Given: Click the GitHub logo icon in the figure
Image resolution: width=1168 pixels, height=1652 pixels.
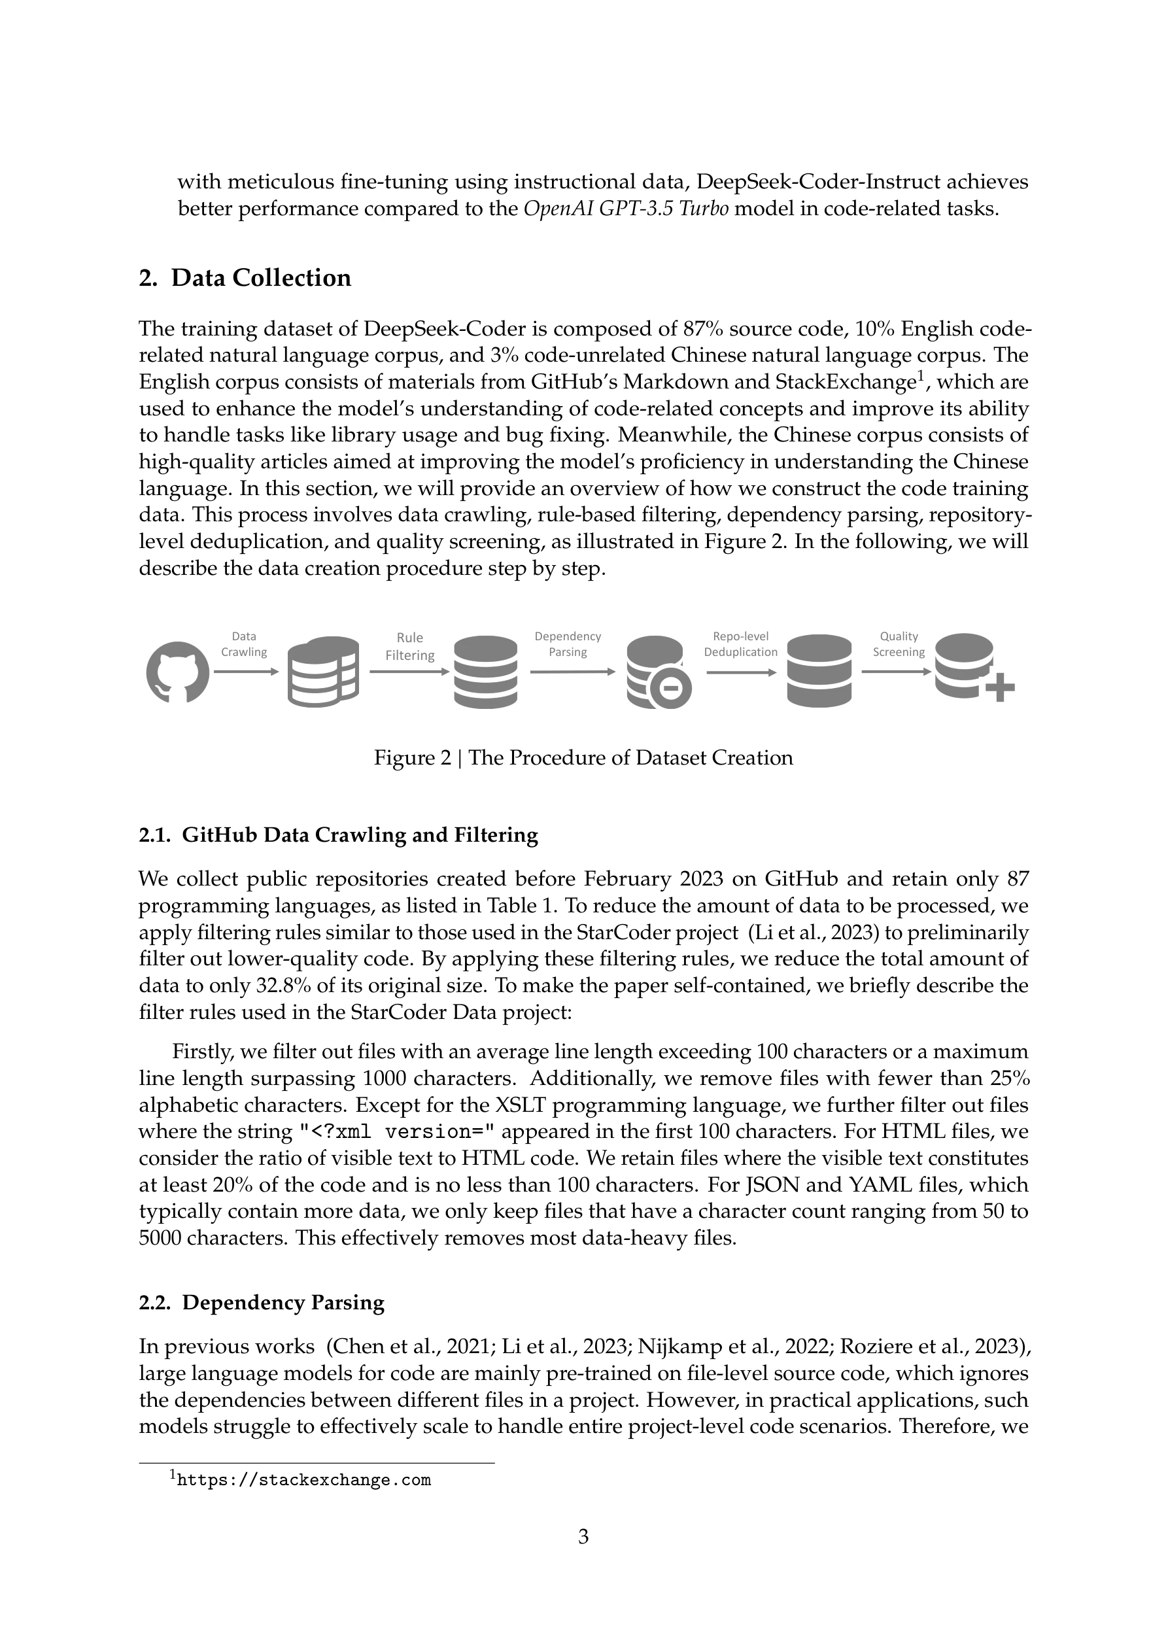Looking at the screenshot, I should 177,672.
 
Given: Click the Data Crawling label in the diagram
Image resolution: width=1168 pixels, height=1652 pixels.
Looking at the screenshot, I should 244,644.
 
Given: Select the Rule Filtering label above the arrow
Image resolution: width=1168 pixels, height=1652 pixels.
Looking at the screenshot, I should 409,646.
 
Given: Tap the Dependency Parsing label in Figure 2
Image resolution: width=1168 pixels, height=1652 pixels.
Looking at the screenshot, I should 568,644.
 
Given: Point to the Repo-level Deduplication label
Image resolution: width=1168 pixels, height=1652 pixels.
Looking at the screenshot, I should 740,644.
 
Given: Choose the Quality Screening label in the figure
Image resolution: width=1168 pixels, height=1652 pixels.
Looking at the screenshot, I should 899,644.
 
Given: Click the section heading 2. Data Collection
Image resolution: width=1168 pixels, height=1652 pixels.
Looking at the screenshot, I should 245,278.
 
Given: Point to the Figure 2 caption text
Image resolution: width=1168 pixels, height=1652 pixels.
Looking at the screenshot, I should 583,757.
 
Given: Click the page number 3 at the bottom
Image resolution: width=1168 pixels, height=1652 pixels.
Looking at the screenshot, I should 583,1537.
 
